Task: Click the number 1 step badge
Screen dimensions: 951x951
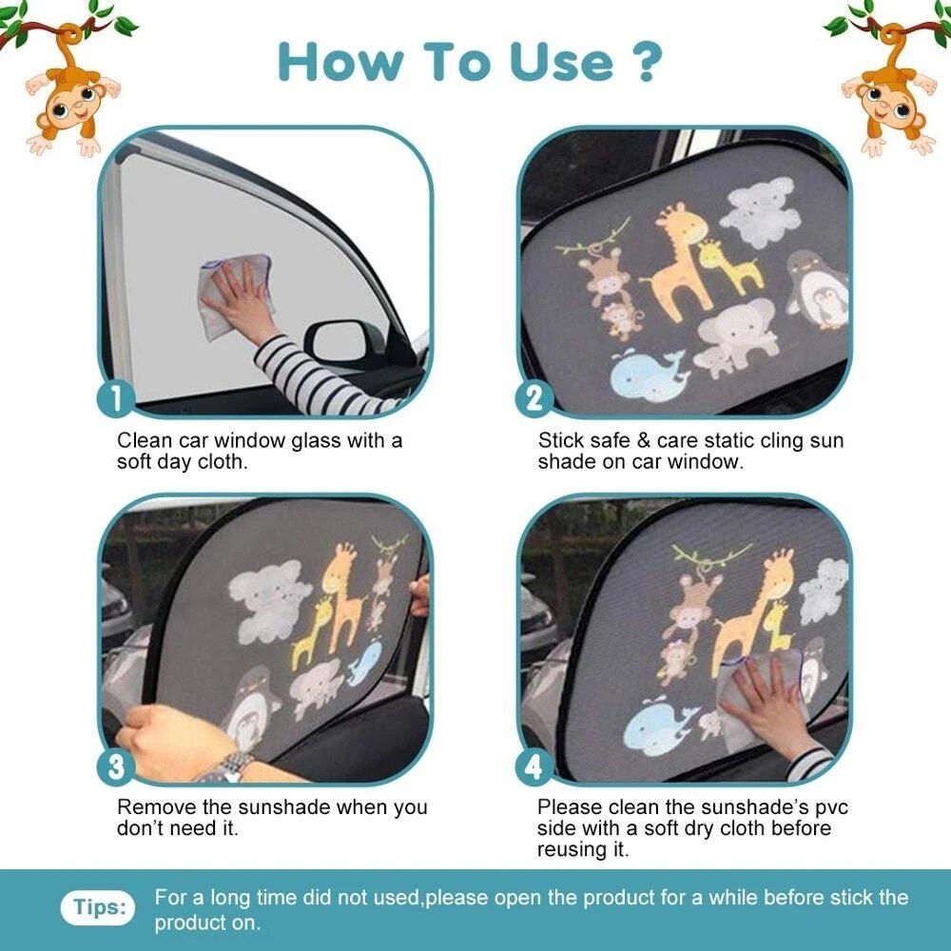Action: pos(116,398)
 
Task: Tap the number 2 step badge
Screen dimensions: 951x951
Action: pos(535,398)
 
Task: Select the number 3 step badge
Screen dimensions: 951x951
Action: pos(116,767)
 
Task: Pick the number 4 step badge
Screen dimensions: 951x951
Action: pos(535,767)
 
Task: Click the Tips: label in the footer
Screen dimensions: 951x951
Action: pos(99,907)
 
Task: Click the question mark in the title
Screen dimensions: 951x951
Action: pos(645,61)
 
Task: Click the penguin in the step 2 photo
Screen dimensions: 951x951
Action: pos(816,291)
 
